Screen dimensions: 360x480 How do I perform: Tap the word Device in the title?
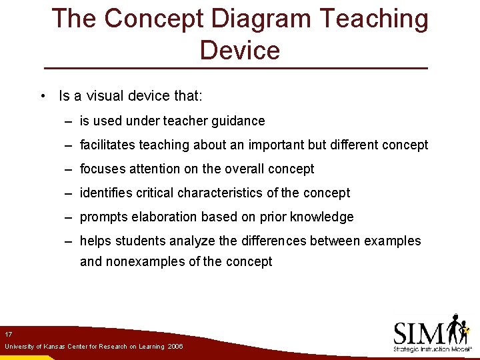[239, 50]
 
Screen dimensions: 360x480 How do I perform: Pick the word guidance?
[239, 121]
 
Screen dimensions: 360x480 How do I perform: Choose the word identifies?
[105, 193]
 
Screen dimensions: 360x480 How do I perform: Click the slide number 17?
[8, 334]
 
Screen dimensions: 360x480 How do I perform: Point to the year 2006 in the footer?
[175, 347]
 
